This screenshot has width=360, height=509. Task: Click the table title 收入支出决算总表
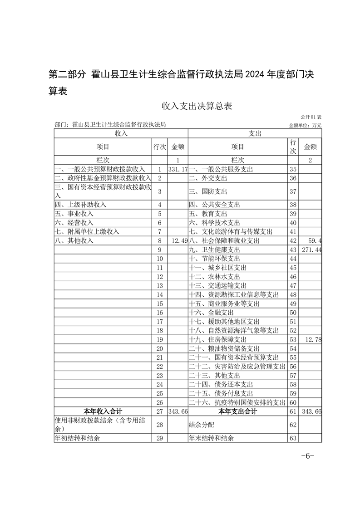click(197, 106)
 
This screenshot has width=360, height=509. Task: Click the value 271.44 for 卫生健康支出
click(311, 250)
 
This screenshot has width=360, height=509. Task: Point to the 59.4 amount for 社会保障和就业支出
click(314, 241)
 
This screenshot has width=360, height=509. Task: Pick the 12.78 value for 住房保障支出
click(313, 340)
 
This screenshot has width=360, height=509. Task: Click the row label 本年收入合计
click(103, 411)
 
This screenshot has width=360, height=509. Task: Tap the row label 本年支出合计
click(237, 411)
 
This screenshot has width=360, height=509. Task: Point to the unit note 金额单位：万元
click(305, 125)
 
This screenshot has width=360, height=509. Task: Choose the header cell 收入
click(121, 133)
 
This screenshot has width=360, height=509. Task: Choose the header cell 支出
click(255, 133)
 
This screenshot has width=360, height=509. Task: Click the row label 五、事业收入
click(74, 214)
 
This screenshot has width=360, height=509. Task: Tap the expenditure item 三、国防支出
click(205, 191)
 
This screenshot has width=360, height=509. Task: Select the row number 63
click(293, 438)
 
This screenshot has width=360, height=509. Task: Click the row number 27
click(159, 411)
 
